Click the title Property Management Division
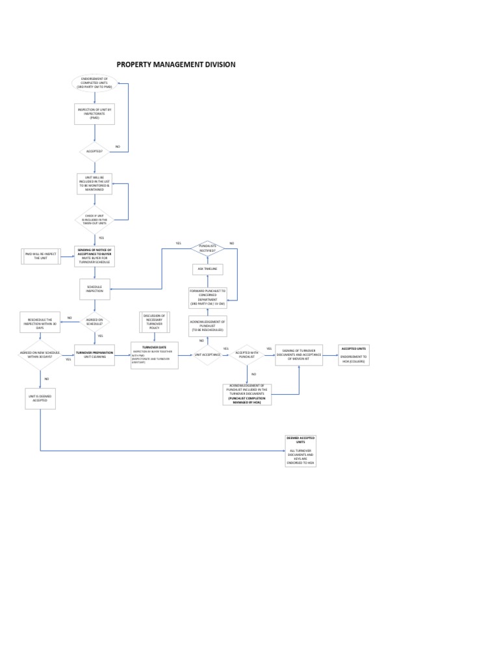[175, 64]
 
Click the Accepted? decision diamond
[95, 152]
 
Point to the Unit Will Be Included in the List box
[95, 183]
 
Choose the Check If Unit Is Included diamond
[95, 219]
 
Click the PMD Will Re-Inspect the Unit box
[40, 256]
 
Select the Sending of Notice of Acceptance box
[95, 256]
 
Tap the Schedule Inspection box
[95, 289]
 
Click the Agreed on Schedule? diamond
[95, 321]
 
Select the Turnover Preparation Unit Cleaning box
[95, 354]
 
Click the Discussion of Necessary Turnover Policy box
[154, 321]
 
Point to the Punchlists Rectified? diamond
[207, 248]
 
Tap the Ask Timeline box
[207, 269]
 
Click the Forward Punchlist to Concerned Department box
[207, 297]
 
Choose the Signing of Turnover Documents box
[299, 355]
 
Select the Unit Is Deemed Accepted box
[40, 398]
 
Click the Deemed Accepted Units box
[301, 451]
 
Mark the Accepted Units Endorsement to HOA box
[354, 354]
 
